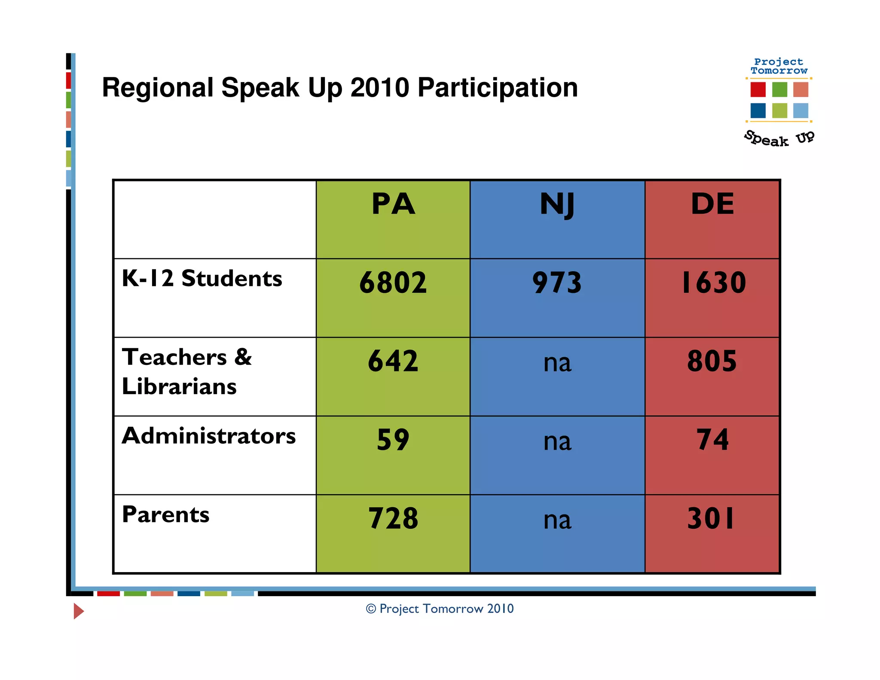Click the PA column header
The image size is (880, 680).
[x=393, y=204]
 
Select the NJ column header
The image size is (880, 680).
[x=557, y=205]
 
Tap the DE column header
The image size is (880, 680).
[x=712, y=204]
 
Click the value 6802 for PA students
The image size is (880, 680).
[x=393, y=282]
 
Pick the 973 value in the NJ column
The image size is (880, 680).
[x=557, y=282]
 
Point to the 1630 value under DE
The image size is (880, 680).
[x=713, y=282]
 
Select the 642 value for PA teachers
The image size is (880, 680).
[x=393, y=361]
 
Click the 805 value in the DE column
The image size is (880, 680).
[x=712, y=361]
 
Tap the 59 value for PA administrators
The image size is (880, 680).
[x=393, y=440]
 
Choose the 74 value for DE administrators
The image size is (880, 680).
[x=713, y=440]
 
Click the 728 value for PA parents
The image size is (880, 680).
[x=393, y=518]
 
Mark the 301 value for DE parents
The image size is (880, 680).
[x=711, y=518]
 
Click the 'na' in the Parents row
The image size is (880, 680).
[x=557, y=520]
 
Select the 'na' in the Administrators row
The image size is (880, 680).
[x=557, y=441]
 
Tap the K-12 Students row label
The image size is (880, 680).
[x=202, y=278]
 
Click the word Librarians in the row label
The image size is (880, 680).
[x=179, y=386]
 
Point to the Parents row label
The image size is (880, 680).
[x=166, y=515]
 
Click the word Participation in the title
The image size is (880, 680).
[x=498, y=88]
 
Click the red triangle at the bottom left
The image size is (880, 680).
[x=78, y=611]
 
